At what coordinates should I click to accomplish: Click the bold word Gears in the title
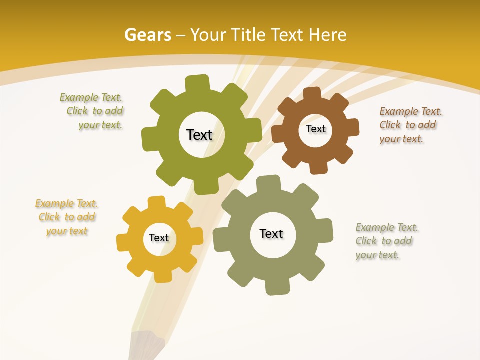click(147, 35)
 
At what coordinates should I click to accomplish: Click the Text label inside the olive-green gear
click(199, 135)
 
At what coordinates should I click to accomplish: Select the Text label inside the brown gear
click(315, 129)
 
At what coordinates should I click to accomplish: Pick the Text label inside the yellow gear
click(159, 238)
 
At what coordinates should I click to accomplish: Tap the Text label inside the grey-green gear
click(271, 233)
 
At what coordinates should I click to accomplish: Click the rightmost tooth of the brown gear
click(352, 128)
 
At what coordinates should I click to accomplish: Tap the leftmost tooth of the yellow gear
click(123, 242)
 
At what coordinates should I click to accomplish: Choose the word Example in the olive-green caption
click(79, 97)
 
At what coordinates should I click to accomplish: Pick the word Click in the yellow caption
click(49, 217)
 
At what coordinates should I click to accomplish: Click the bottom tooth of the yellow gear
click(163, 275)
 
